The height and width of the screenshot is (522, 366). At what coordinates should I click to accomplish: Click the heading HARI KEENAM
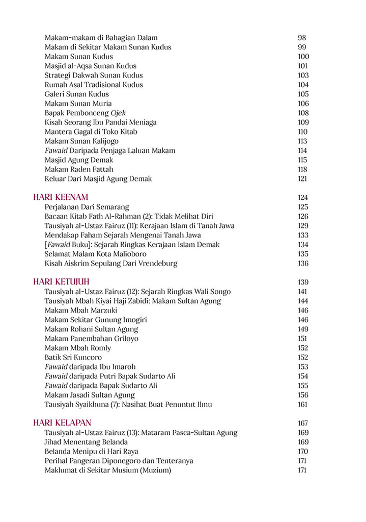[x=61, y=197]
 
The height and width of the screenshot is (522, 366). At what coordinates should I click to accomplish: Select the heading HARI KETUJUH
[x=62, y=282]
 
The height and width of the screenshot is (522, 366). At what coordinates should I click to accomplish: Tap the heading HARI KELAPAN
[x=62, y=423]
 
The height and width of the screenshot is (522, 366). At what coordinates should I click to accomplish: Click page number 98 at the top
[x=301, y=38]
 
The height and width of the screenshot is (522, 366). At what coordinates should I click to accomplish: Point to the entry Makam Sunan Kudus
[x=78, y=57]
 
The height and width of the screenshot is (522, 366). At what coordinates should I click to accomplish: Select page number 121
[x=302, y=179]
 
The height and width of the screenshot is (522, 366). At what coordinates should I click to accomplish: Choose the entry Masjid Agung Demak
[x=78, y=160]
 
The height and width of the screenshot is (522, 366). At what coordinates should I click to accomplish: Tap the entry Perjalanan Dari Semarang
[x=87, y=207]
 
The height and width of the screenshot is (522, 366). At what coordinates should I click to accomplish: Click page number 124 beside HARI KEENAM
[x=303, y=198]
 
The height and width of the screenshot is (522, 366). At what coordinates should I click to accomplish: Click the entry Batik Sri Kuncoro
[x=73, y=357]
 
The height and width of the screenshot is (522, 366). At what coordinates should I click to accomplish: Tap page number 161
[x=302, y=405]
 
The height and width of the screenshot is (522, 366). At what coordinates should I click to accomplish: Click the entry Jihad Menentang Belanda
[x=86, y=442]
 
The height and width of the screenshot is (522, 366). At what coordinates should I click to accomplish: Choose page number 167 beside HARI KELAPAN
[x=303, y=423]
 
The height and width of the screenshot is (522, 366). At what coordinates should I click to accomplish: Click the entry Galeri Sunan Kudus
[x=76, y=94]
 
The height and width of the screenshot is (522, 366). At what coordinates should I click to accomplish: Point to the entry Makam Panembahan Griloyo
[x=91, y=338]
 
